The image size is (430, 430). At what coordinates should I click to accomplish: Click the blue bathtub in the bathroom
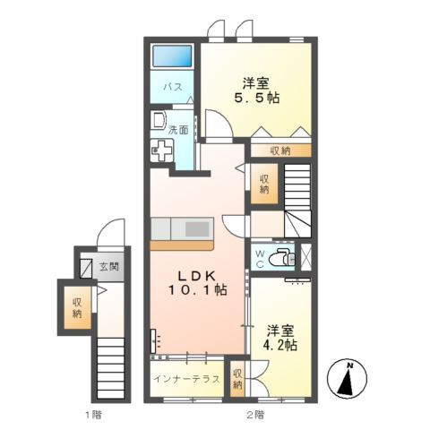click(172, 56)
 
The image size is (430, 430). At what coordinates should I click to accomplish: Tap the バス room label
click(173, 87)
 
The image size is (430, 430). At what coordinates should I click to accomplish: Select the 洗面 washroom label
click(178, 130)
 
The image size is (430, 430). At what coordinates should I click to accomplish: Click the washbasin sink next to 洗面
click(158, 120)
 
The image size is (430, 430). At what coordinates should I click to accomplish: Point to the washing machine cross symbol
click(161, 150)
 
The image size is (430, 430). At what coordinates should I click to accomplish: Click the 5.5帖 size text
click(256, 98)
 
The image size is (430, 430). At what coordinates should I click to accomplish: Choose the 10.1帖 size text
click(198, 290)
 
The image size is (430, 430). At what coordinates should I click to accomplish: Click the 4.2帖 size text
click(279, 345)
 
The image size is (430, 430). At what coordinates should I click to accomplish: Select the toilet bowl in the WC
click(281, 257)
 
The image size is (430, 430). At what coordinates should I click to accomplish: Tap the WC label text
click(260, 259)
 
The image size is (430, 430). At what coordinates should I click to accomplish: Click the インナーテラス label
click(186, 379)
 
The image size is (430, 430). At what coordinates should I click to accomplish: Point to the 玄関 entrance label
click(108, 266)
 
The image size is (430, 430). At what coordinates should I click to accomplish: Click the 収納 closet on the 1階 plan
click(77, 308)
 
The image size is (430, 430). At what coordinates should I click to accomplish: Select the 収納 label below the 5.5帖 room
click(280, 151)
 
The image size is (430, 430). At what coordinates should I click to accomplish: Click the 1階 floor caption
click(93, 415)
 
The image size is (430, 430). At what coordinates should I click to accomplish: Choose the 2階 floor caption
click(255, 415)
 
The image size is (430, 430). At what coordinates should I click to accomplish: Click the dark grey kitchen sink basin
click(197, 229)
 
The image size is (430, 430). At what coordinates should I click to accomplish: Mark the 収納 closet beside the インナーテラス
click(237, 379)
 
